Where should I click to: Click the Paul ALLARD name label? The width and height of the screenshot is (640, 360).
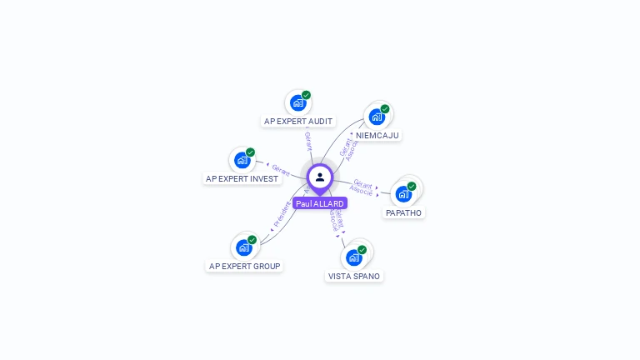click(320, 203)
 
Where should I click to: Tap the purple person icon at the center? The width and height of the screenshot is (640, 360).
click(320, 177)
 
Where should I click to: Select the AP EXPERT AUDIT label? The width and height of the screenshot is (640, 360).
click(298, 121)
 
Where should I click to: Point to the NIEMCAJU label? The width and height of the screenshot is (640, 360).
click(377, 135)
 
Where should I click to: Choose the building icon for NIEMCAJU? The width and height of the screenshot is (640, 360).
click(377, 117)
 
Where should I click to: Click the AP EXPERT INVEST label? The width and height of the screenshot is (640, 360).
click(242, 178)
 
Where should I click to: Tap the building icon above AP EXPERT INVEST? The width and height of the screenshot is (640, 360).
click(242, 160)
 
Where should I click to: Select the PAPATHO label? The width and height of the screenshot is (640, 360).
click(404, 212)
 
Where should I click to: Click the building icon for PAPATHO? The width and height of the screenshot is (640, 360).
click(404, 194)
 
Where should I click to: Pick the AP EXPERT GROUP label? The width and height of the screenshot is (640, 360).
click(245, 266)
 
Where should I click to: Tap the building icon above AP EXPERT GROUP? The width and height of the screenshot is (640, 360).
click(243, 247)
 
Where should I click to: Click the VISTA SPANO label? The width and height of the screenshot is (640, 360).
click(355, 276)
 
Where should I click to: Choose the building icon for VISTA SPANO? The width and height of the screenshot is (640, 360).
click(354, 257)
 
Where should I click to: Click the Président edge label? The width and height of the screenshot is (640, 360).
click(282, 215)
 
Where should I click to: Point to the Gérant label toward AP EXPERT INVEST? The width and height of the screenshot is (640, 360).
click(281, 168)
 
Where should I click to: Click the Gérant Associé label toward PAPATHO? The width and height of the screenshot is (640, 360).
click(362, 187)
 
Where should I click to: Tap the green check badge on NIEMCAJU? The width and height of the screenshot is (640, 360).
click(385, 108)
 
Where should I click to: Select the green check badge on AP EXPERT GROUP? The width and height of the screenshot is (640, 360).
click(252, 239)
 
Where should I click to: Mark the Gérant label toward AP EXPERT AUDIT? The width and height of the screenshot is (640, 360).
click(308, 140)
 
